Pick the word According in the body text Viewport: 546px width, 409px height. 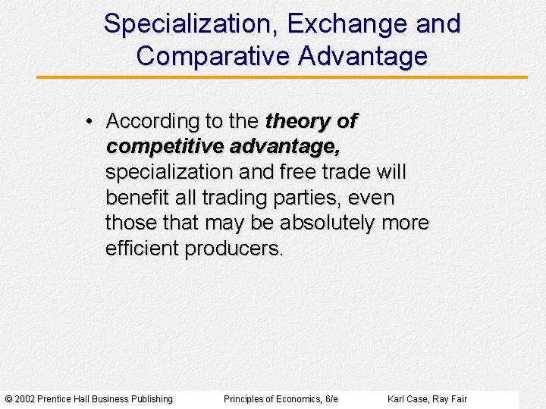pyautogui.click(x=152, y=121)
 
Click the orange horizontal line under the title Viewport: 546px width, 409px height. pyautogui.click(x=281, y=77)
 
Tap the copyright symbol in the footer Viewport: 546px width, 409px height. pyautogui.click(x=8, y=399)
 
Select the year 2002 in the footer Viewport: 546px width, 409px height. pyautogui.click(x=24, y=399)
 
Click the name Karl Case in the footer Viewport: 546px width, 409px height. pyautogui.click(x=407, y=399)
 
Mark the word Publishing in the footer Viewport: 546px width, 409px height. pyautogui.click(x=152, y=399)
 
